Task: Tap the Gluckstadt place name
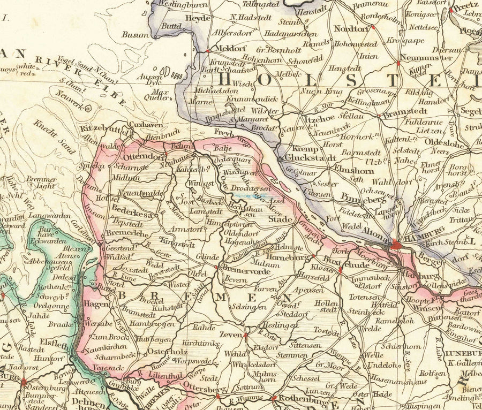310,158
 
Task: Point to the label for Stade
280,219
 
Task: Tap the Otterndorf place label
143,157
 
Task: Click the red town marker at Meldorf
207,51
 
